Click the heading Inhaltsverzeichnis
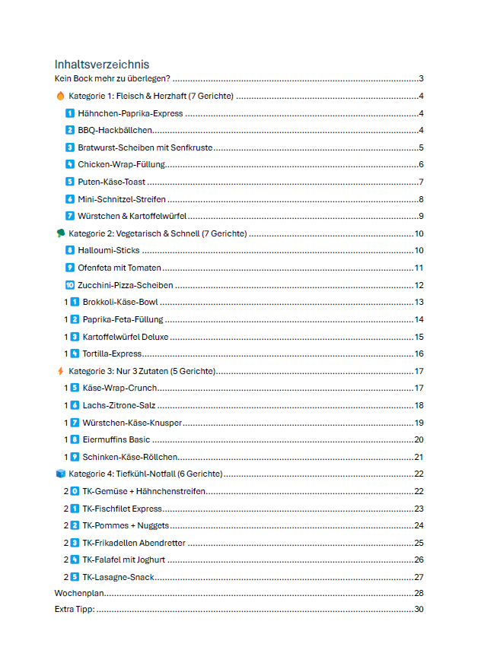tap(102, 65)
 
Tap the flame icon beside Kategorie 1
tap(60, 97)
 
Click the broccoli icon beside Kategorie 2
tap(60, 233)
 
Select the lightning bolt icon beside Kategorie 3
tap(60, 371)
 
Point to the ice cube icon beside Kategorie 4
tap(60, 474)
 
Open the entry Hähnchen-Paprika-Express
tap(130, 113)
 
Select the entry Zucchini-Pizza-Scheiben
tap(126, 285)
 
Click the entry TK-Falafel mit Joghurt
tap(124, 560)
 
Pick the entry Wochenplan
tap(79, 594)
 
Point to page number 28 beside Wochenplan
tap(419, 594)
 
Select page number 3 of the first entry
tap(421, 79)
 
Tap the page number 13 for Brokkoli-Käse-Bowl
tap(419, 303)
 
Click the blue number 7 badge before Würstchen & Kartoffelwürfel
tap(70, 217)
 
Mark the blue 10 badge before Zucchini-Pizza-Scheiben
tap(70, 285)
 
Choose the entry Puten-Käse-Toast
tap(112, 182)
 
